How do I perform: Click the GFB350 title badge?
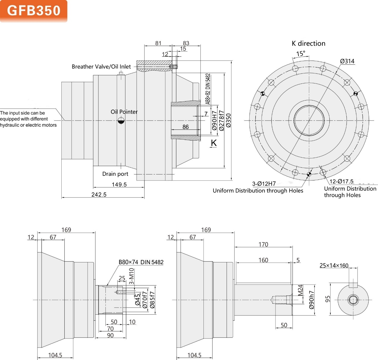[34, 11]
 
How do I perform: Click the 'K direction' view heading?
[308, 44]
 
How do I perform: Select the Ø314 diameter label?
[347, 61]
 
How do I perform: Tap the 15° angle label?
[301, 54]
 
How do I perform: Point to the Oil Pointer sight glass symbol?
[121, 120]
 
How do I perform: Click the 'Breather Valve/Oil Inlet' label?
[101, 67]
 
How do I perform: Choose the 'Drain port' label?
[115, 174]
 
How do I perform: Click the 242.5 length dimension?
[99, 194]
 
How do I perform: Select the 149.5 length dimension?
[119, 185]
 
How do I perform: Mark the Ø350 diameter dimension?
[228, 120]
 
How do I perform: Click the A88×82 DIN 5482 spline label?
[208, 89]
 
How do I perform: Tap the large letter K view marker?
[214, 143]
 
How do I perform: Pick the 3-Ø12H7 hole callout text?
[264, 184]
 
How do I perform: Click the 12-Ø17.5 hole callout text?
[341, 181]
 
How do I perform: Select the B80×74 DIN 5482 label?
[141, 262]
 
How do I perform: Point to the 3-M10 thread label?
[132, 276]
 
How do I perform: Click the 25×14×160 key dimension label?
[334, 265]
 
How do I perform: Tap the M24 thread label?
[300, 290]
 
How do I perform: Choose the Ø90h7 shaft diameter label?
[312, 300]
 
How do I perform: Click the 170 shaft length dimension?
[263, 245]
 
